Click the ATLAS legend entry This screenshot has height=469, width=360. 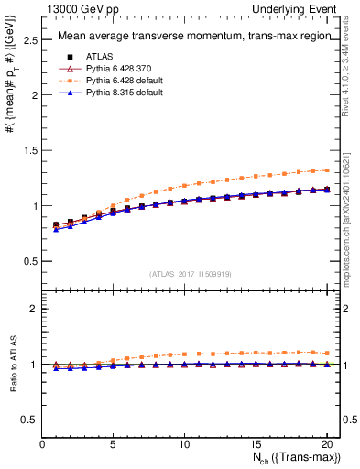click(98, 56)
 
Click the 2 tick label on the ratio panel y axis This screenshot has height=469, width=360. click(34, 310)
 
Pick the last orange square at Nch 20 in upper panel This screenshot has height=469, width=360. click(325, 169)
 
